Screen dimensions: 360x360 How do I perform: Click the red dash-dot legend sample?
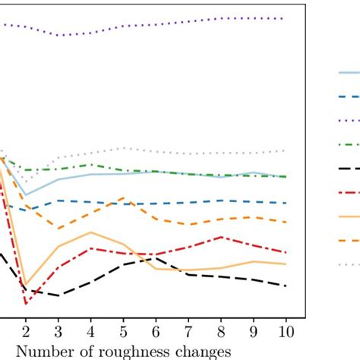[349, 193]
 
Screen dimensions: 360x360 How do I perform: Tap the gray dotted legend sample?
[349, 264]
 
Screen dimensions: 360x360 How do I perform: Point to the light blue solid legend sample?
[349, 73]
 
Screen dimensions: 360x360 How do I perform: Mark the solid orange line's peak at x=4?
[91, 232]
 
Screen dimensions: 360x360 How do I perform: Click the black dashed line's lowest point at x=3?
[58, 295]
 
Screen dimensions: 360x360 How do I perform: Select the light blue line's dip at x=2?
[26, 195]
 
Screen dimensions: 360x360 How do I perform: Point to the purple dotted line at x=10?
[286, 18]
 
